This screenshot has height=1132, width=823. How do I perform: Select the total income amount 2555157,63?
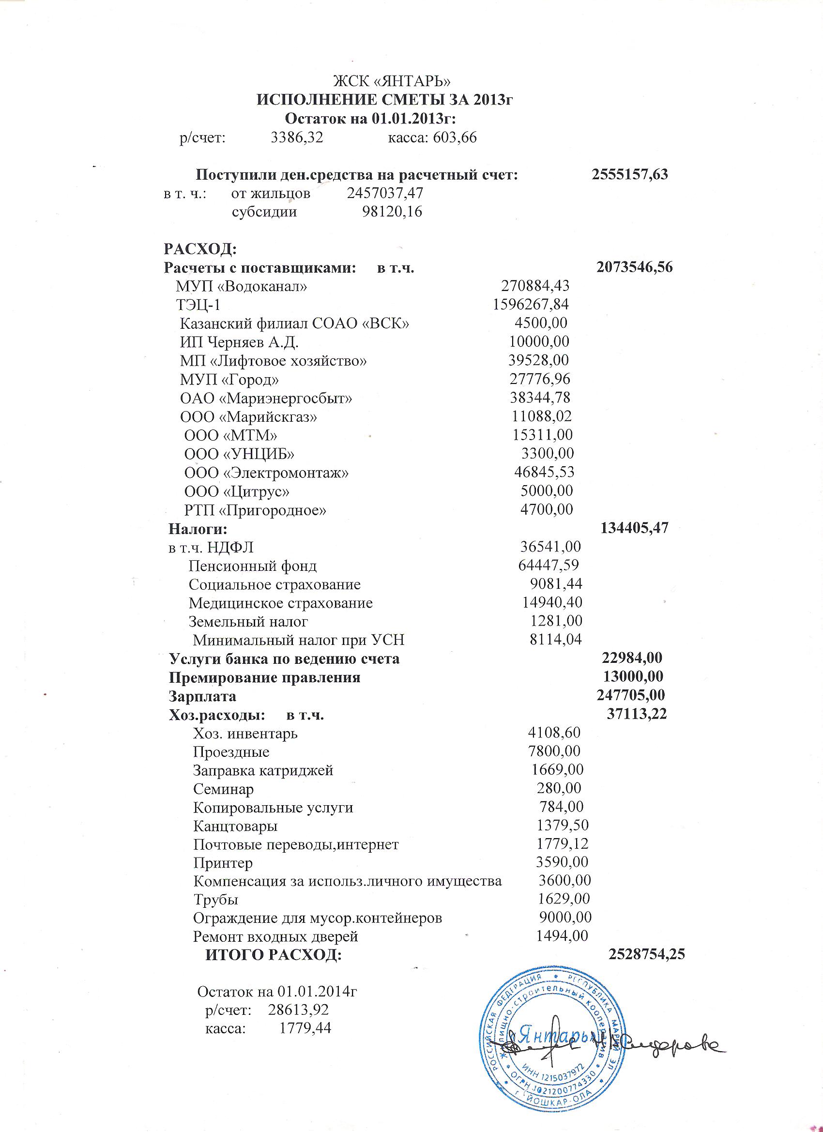(x=630, y=175)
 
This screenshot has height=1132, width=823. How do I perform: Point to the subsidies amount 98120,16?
(x=392, y=212)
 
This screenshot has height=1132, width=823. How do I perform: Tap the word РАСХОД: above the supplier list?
(x=200, y=248)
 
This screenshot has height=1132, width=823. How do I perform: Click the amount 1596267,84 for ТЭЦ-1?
(x=531, y=305)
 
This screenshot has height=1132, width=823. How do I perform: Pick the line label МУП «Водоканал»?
(x=241, y=287)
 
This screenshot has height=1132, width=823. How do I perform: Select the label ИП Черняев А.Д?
(x=239, y=342)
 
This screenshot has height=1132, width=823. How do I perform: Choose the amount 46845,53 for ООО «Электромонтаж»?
(x=544, y=472)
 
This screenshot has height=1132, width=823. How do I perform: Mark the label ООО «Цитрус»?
(x=237, y=491)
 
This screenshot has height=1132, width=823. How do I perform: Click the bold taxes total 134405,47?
(x=634, y=528)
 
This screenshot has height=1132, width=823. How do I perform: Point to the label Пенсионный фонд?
(x=253, y=566)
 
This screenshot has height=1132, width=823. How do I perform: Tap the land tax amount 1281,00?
(x=556, y=621)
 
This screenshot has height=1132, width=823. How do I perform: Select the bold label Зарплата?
(x=203, y=696)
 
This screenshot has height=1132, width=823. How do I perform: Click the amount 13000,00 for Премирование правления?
(x=633, y=677)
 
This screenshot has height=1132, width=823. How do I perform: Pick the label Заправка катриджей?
(x=263, y=771)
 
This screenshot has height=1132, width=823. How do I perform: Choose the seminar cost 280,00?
(x=559, y=789)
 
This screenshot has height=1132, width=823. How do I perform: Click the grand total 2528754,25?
(x=647, y=954)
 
